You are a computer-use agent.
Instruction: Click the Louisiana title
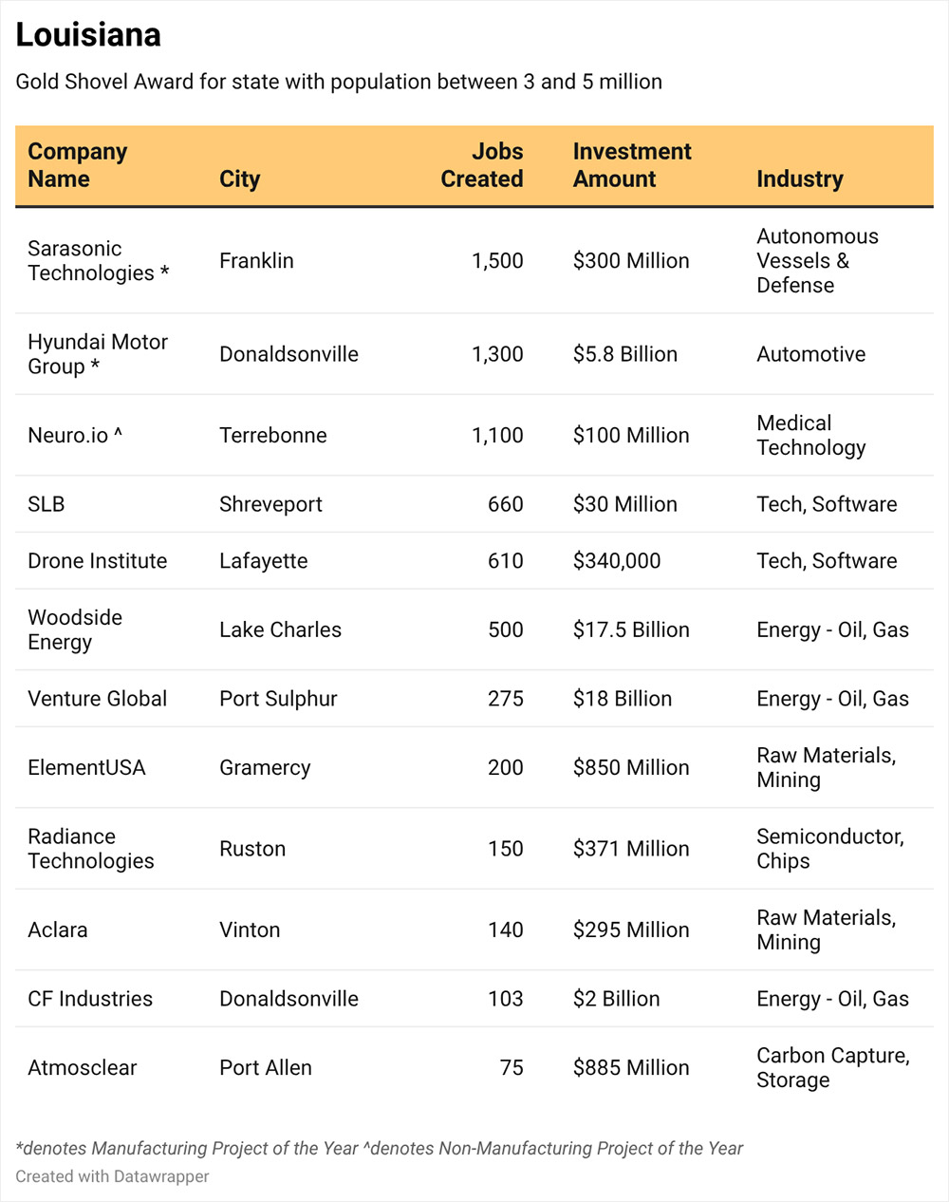tap(88, 34)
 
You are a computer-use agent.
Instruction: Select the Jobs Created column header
tap(482, 165)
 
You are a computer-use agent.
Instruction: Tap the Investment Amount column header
tap(632, 165)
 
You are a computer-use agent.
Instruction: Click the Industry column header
tap(799, 178)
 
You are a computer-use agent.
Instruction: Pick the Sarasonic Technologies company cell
tap(99, 261)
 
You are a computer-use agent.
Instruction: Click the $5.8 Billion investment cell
tap(625, 354)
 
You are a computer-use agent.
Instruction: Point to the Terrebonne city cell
tap(273, 435)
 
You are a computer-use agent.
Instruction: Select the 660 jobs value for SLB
tap(505, 504)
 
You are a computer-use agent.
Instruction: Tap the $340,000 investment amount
tap(617, 561)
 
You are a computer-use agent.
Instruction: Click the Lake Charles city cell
tap(280, 629)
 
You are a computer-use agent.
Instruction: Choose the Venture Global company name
tap(98, 698)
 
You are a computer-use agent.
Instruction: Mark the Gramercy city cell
tap(265, 768)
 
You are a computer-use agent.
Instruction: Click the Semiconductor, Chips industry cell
tap(830, 849)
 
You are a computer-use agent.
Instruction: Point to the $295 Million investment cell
tap(631, 930)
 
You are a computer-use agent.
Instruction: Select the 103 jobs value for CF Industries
tap(505, 998)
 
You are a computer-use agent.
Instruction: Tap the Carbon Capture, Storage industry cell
tap(833, 1067)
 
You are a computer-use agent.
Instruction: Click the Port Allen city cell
tap(266, 1067)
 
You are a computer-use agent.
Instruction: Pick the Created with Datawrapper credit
tap(112, 1176)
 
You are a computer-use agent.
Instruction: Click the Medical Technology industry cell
tap(811, 435)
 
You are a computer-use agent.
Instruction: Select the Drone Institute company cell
tap(98, 561)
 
